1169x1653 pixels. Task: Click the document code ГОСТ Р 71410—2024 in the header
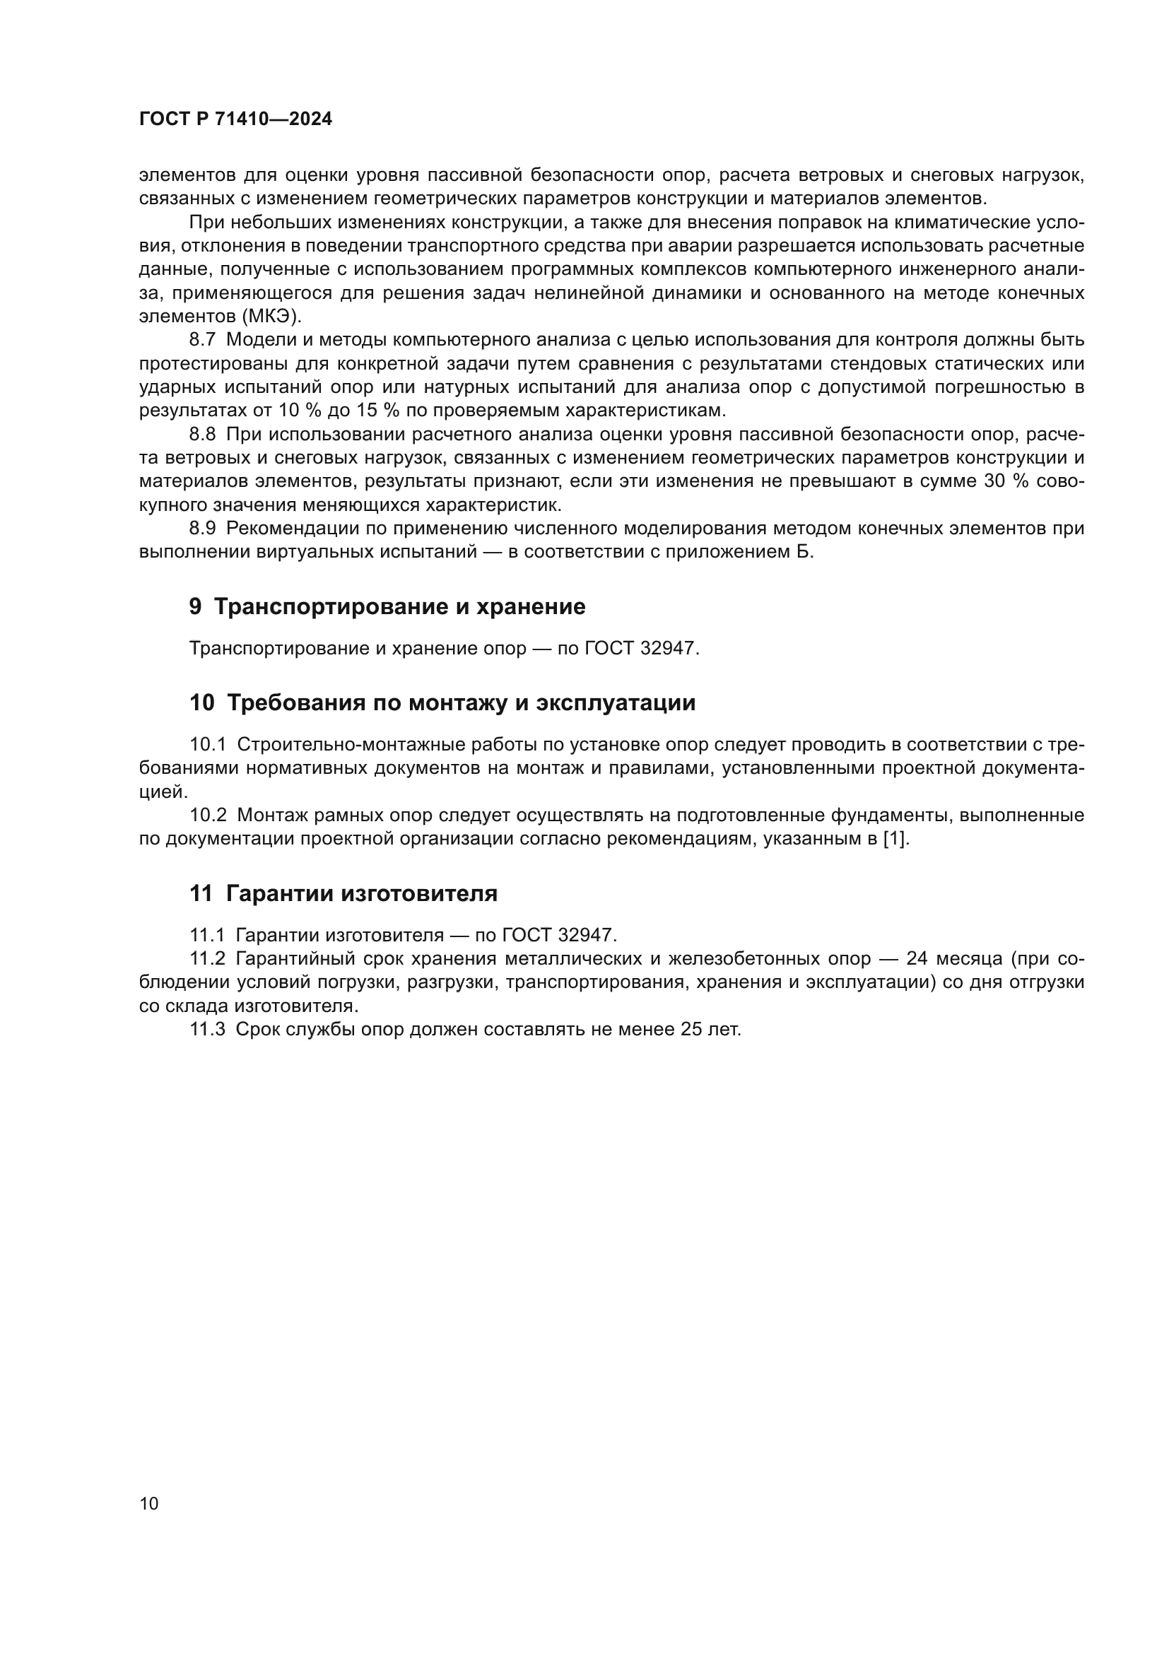[235, 119]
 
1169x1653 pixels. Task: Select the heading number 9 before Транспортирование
[195, 607]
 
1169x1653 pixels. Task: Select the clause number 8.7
[202, 340]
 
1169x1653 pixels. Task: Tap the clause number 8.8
[202, 434]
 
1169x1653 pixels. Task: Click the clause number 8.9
[202, 529]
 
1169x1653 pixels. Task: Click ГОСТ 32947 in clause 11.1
[558, 935]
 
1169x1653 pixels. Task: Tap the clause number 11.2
[207, 959]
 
